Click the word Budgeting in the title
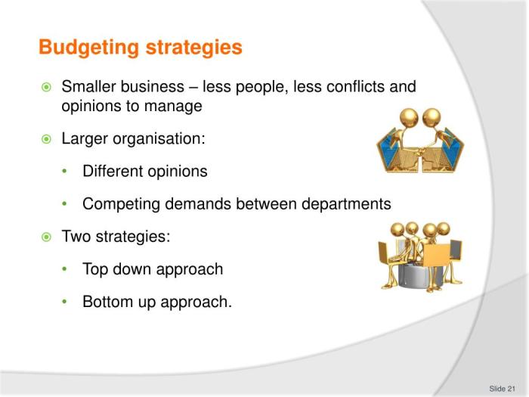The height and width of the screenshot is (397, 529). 89,48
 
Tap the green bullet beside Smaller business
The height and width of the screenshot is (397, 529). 46,87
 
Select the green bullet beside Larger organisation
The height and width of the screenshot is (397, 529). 46,138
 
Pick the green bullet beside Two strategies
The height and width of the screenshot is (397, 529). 46,237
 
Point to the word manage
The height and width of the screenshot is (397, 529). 173,107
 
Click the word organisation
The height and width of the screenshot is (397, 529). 159,139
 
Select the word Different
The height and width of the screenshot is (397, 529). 113,171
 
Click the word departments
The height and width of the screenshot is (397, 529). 346,204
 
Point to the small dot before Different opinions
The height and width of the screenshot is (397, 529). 65,171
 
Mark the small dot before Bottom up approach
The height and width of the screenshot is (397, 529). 65,302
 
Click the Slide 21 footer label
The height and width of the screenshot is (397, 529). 502,389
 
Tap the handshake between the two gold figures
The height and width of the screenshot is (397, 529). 420,150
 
